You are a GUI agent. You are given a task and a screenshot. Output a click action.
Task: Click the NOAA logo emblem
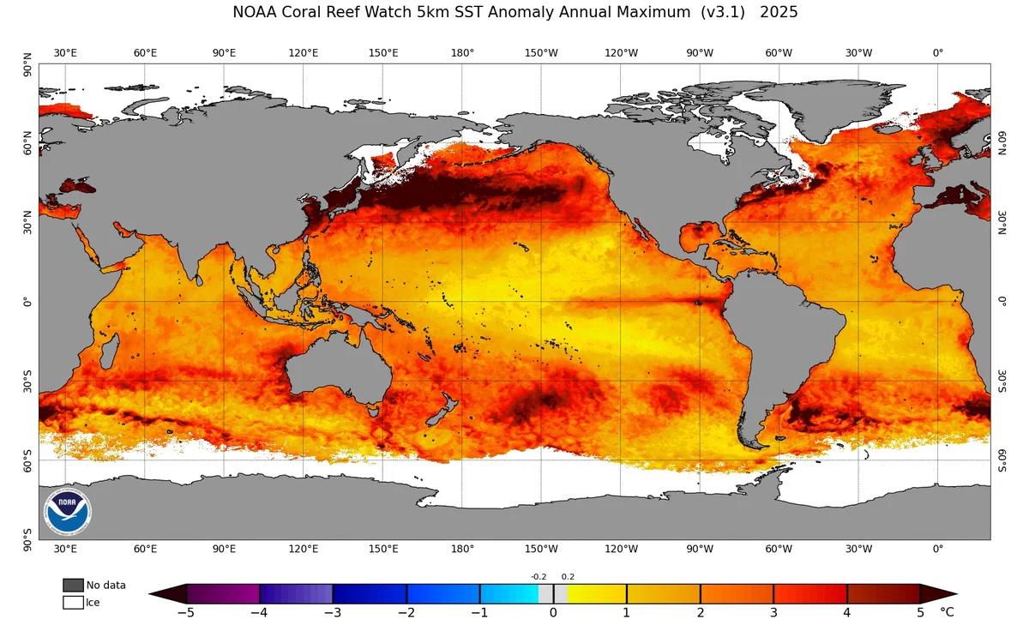68,512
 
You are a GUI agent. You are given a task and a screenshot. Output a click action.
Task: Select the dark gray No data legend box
73,585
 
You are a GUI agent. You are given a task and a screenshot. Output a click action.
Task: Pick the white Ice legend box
73,603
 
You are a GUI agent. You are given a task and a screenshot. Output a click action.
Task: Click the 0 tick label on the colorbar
553,612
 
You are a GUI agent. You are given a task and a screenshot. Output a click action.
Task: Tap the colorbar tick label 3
773,612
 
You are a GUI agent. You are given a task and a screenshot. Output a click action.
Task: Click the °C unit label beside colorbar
947,612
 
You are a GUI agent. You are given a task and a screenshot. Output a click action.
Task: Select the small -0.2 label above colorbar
539,577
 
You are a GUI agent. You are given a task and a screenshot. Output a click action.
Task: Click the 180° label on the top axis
462,53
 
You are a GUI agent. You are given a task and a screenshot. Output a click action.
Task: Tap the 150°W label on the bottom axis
541,549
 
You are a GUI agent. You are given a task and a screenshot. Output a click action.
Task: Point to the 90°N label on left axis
27,64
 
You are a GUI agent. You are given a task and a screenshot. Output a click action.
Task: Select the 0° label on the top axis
937,53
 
